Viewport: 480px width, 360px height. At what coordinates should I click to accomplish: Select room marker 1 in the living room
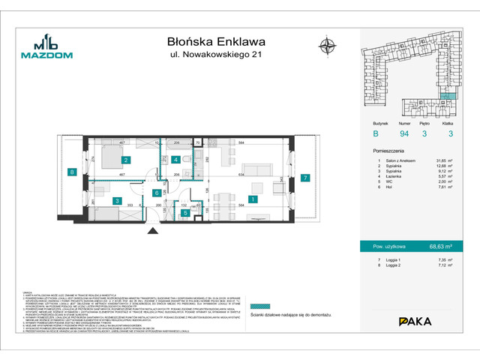pos(254,199)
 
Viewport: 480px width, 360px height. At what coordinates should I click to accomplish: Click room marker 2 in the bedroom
pos(127,160)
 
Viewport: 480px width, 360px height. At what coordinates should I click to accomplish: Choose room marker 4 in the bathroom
pos(175,160)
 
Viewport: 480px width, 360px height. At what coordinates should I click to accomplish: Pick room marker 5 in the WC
pos(185,212)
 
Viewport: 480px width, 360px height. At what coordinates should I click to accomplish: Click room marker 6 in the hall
pos(156,193)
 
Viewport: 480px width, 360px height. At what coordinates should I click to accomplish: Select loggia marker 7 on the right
pos(305,178)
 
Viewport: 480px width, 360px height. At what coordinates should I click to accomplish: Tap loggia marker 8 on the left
pos(72,172)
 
